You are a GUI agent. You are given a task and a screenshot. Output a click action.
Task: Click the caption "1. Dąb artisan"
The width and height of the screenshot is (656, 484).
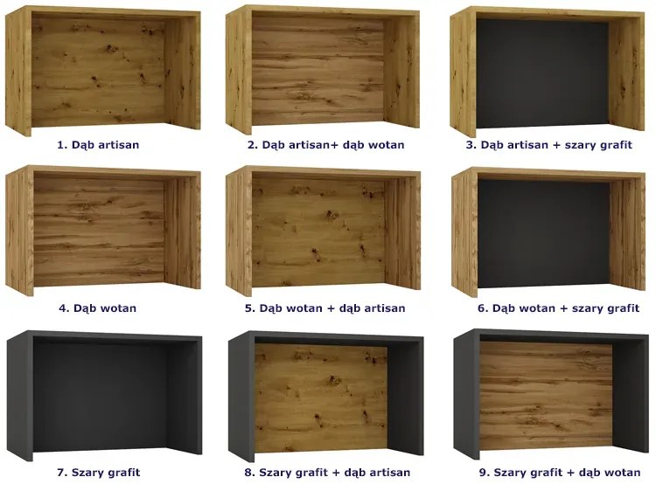98,145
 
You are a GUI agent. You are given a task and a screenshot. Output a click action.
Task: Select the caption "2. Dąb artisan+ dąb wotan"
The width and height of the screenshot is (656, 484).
326,145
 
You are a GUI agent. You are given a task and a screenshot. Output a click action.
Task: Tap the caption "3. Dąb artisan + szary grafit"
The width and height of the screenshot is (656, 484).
548,145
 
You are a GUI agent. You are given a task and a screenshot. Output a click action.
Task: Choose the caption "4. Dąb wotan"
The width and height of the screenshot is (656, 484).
97,308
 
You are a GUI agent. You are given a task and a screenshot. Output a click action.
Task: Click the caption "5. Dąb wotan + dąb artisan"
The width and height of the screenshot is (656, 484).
325,308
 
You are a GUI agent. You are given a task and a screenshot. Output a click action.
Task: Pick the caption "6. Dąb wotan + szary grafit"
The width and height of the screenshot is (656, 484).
559,308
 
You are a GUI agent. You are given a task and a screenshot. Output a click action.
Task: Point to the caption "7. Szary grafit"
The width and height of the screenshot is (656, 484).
98,473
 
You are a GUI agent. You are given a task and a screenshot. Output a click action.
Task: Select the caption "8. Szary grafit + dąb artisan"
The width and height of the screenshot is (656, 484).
327,473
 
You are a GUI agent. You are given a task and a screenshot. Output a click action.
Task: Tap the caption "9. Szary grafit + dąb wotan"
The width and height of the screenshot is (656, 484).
560,473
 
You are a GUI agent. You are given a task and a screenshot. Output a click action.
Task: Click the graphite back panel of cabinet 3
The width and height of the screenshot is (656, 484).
542,73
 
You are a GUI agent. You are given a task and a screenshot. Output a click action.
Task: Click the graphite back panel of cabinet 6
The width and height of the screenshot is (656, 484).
544,233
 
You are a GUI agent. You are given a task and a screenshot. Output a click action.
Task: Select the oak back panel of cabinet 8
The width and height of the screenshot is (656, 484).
321,398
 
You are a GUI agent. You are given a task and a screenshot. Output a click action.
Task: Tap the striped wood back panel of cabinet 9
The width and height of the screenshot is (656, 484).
546,396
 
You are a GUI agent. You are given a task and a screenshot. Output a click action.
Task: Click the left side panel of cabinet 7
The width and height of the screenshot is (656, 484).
20,397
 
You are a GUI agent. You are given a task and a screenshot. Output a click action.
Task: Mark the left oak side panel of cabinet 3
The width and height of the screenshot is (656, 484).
464,72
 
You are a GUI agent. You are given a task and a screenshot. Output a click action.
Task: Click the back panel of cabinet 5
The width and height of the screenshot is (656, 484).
318,232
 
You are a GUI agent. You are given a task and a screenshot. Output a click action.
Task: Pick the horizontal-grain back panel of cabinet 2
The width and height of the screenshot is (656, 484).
318,71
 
